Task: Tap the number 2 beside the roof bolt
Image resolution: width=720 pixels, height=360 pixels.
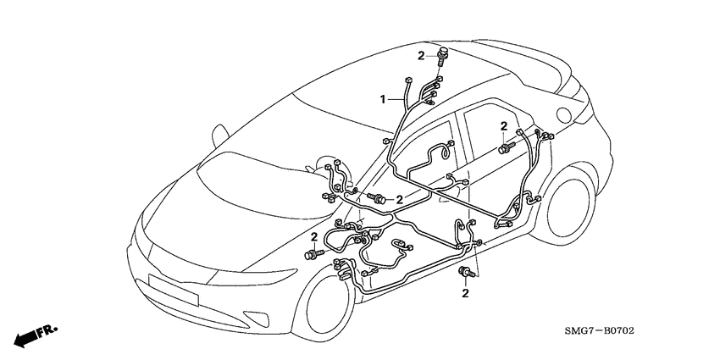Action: (419, 56)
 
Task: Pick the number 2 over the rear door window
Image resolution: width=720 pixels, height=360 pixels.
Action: (503, 126)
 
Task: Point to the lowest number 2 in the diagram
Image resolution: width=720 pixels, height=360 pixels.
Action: (465, 293)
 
